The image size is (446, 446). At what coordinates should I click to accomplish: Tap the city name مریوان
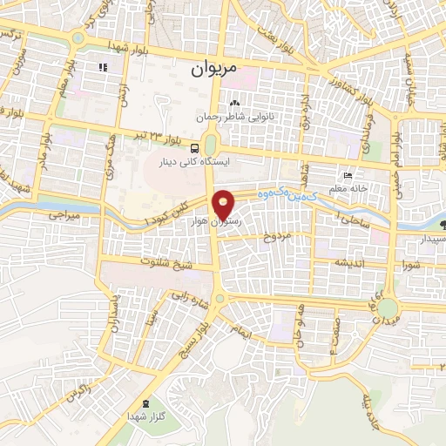(214, 65)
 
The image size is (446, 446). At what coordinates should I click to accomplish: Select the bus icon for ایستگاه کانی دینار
(195, 148)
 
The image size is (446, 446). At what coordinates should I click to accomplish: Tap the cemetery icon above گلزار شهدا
(145, 404)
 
